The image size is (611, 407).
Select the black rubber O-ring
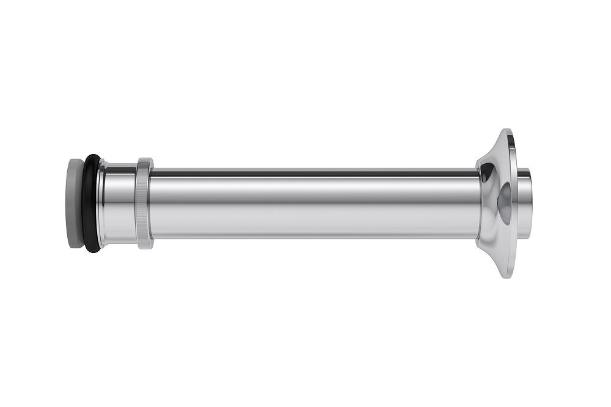click(91, 203)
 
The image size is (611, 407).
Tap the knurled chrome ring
click(145, 204)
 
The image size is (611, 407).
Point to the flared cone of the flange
click(492, 203)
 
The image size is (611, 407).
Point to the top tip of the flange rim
click(506, 130)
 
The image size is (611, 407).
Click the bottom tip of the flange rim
click(506, 276)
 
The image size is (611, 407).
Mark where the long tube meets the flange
click(478, 204)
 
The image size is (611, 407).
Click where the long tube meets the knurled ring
click(152, 204)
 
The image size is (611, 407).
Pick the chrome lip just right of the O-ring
click(102, 203)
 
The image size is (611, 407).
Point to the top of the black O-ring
click(92, 156)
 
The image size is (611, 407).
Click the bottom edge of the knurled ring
click(145, 247)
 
